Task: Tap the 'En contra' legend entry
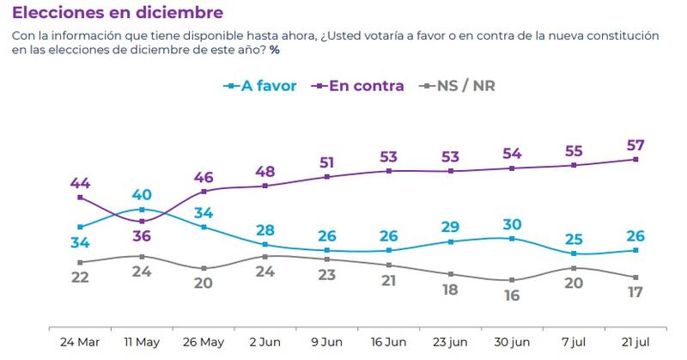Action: pos(361,86)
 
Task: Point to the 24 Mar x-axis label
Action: pos(80,342)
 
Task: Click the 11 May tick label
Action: pos(142,342)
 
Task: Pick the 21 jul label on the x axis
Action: pos(635,342)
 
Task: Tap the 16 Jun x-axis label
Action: pos(389,342)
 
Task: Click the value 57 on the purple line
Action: pos(635,143)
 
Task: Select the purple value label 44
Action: pos(80,182)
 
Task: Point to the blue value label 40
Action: pos(141,194)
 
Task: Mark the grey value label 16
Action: pos(513,295)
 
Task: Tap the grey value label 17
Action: pos(635,292)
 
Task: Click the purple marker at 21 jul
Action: pos(635,159)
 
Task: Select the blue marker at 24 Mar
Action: pos(80,227)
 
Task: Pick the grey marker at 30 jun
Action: pos(513,280)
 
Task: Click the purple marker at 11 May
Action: pos(142,222)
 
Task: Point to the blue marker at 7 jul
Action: pos(574,253)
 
